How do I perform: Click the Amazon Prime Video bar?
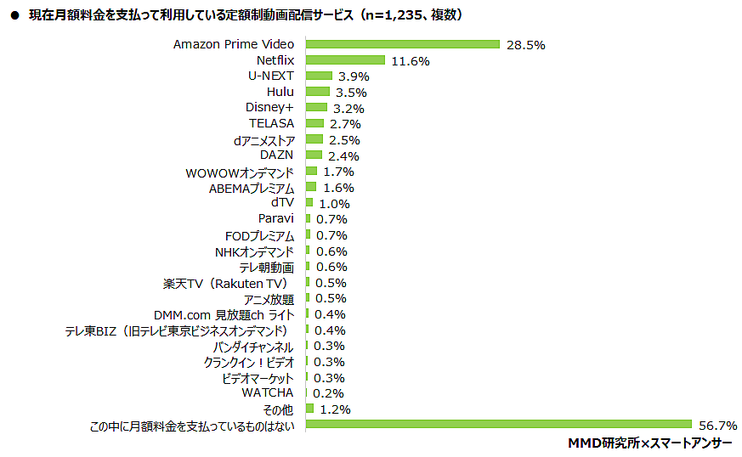tap(402, 44)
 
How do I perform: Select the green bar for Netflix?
tap(345, 60)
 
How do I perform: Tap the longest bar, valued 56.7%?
tap(498, 425)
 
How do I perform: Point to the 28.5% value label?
tap(525, 45)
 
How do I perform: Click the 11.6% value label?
tap(411, 61)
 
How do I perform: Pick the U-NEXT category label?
tap(271, 76)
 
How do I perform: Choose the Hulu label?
tap(280, 92)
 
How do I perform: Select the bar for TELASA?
tap(314, 124)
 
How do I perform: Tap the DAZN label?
tap(277, 155)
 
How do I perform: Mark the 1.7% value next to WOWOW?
tap(338, 172)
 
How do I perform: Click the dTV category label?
tap(282, 203)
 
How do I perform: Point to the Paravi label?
tap(275, 219)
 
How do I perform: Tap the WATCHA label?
tap(268, 393)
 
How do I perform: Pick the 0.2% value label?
tap(327, 394)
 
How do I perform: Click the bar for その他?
tap(309, 409)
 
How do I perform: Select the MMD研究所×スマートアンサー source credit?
tap(649, 443)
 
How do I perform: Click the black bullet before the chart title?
tap(14, 15)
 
